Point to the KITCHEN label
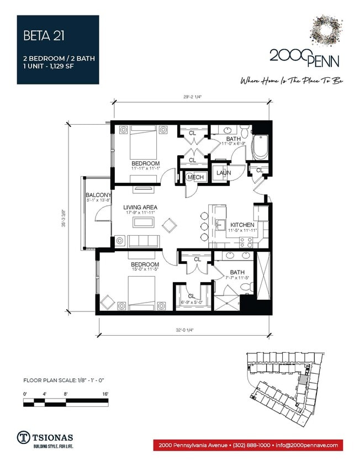242,225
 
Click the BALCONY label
98,195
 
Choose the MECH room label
195,177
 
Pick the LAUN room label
224,173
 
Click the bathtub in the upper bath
259,147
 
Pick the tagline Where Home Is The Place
292,81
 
